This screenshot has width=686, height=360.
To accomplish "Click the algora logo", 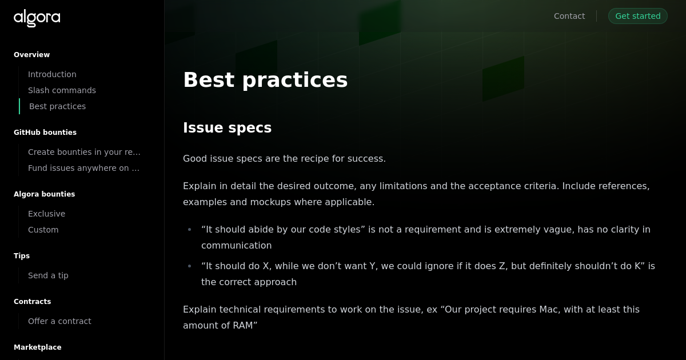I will pyautogui.click(x=37, y=18).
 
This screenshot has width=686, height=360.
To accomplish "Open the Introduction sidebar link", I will pyautogui.click(x=52, y=74).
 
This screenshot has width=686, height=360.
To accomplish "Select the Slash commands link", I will pyautogui.click(x=62, y=90).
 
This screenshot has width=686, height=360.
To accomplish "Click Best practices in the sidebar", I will pyautogui.click(x=57, y=106).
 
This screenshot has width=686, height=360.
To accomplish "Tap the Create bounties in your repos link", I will pyautogui.click(x=84, y=152).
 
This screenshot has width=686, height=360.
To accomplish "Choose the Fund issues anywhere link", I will pyautogui.click(x=83, y=168).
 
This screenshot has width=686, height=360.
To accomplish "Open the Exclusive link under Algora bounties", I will pyautogui.click(x=46, y=214).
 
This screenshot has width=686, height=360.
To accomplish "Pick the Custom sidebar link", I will pyautogui.click(x=43, y=230).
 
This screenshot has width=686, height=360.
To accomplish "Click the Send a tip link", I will pyautogui.click(x=48, y=275).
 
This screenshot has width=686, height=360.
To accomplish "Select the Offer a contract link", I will pyautogui.click(x=59, y=321).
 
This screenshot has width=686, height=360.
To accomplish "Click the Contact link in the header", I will pyautogui.click(x=569, y=16).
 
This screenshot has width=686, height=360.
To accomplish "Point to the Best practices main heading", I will pyautogui.click(x=265, y=79).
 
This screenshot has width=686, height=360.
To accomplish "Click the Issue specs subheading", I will pyautogui.click(x=227, y=127).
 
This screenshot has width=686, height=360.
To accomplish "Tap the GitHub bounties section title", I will pyautogui.click(x=45, y=133).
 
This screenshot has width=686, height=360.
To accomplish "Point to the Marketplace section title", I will pyautogui.click(x=37, y=347).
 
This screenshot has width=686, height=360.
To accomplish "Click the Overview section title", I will pyautogui.click(x=31, y=55).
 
